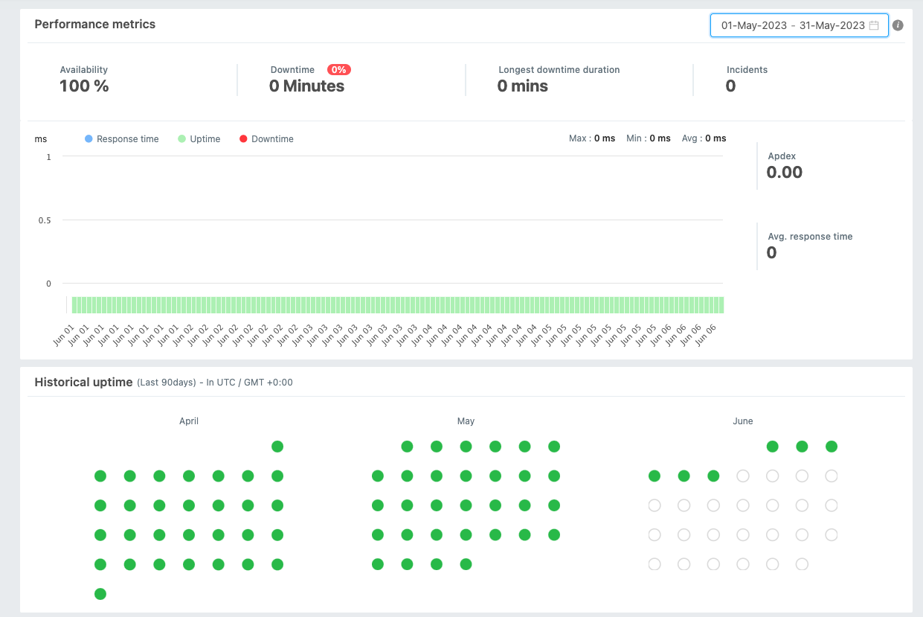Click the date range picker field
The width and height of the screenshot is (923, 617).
(x=792, y=25)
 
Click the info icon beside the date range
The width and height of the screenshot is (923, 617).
(x=898, y=25)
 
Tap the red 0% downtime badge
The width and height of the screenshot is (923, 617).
(x=339, y=70)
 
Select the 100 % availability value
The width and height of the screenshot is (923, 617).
(x=84, y=86)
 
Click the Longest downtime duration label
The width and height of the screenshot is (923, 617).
(x=559, y=70)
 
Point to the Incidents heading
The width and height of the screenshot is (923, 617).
(x=747, y=70)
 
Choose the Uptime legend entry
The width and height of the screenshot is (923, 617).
(x=199, y=139)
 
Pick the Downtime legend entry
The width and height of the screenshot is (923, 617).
(x=266, y=139)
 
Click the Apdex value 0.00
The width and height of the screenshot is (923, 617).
(x=785, y=173)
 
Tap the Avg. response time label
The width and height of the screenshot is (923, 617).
(x=810, y=237)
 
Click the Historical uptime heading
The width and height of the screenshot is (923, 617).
(x=83, y=383)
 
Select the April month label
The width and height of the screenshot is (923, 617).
(x=189, y=421)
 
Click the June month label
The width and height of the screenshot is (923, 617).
(x=742, y=421)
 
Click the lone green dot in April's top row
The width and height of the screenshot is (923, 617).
(x=277, y=447)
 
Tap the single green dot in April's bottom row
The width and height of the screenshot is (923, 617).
(x=100, y=594)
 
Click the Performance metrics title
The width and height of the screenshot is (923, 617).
(x=95, y=25)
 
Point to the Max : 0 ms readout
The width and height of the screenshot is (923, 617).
(x=591, y=138)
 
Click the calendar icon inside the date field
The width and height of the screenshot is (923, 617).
(x=874, y=25)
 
